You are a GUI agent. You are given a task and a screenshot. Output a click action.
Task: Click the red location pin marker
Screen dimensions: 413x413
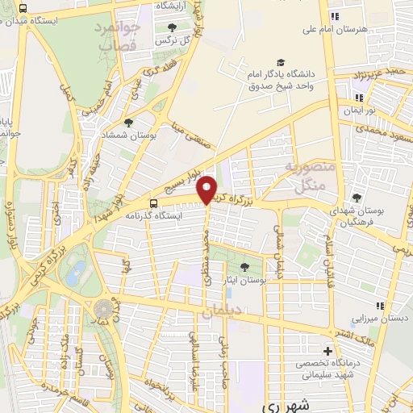(207, 189)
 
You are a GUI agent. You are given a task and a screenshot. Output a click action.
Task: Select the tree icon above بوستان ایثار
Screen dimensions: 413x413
(245, 266)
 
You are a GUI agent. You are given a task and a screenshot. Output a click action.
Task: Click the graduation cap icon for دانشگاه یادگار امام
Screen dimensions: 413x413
(280, 62)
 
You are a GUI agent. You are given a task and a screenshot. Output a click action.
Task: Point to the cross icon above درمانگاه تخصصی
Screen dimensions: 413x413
(327, 351)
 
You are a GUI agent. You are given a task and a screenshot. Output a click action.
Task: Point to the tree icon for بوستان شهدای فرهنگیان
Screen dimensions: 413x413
(357, 198)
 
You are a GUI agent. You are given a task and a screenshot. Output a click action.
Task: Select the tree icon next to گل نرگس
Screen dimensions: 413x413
(173, 27)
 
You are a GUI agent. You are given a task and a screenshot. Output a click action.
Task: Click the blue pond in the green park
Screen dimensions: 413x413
(77, 273)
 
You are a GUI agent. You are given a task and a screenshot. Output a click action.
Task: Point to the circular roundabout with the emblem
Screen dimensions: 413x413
(104, 308)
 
